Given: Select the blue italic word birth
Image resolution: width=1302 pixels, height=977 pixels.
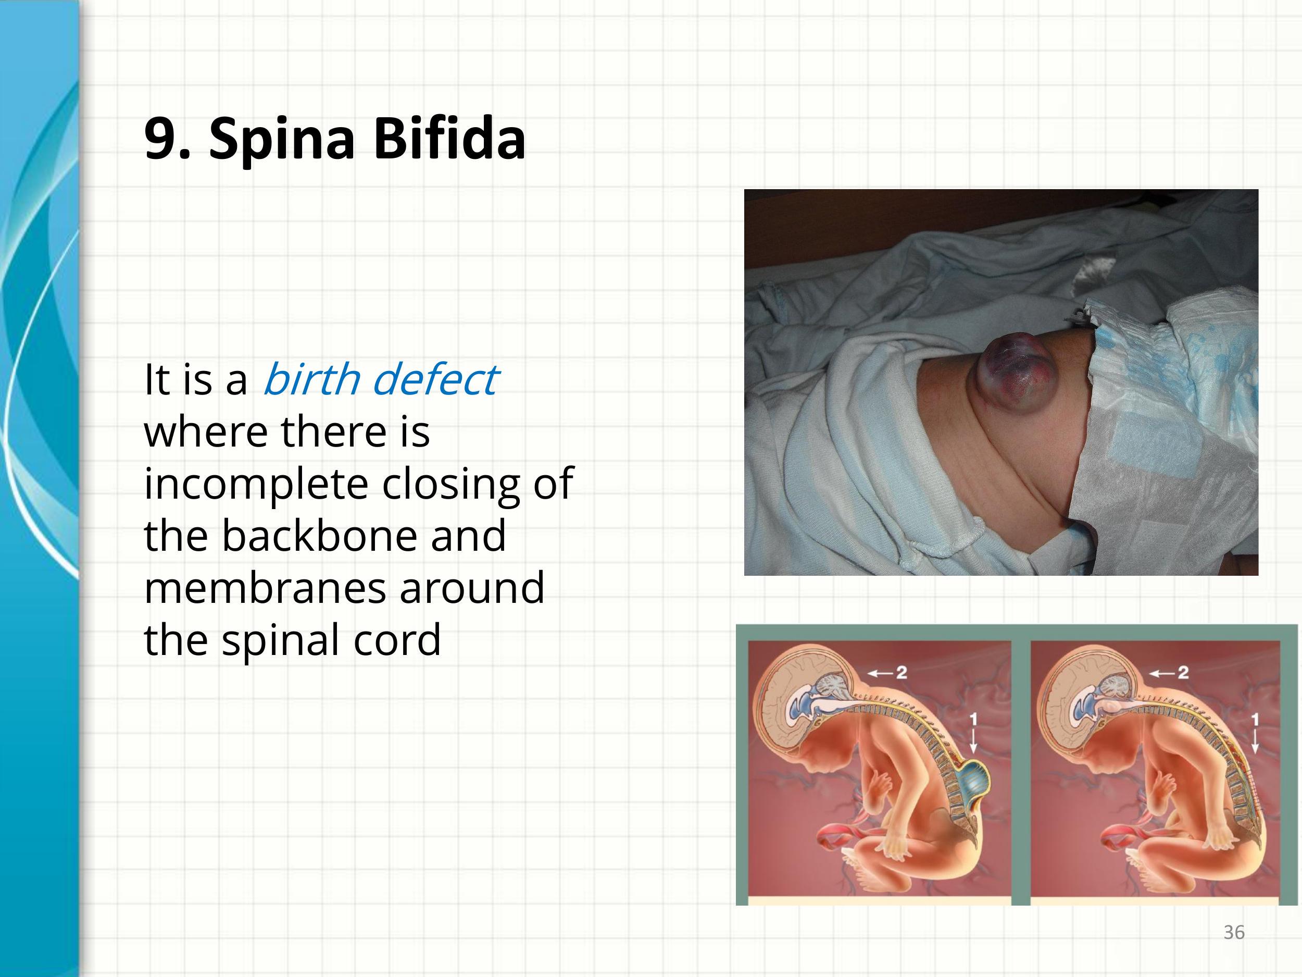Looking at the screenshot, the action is pyautogui.click(x=311, y=379).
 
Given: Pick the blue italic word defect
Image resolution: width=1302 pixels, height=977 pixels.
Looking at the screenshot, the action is pyautogui.click(x=435, y=379).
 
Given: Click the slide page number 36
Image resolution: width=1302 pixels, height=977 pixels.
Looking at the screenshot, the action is pyautogui.click(x=1234, y=932).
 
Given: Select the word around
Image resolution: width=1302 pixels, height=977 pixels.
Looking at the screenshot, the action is pyautogui.click(x=472, y=588).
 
